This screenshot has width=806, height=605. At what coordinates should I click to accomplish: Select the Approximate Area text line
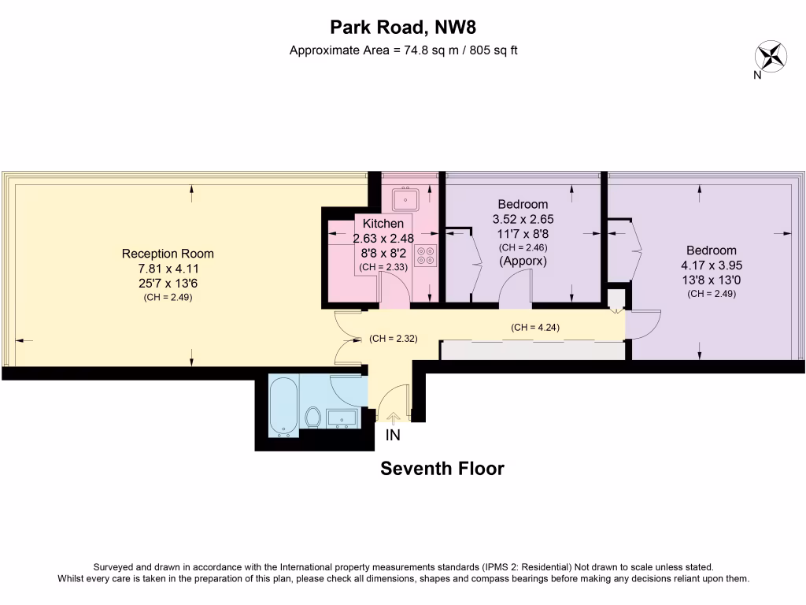402,50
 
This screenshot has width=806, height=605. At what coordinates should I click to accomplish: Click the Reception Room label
168,254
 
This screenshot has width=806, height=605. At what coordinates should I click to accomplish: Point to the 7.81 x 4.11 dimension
168,269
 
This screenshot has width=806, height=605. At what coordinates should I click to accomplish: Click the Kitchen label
383,225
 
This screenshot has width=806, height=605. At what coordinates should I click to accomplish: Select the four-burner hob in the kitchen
426,254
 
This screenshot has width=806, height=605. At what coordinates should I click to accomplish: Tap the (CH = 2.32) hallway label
393,339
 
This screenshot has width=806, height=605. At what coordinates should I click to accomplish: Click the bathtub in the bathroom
283,405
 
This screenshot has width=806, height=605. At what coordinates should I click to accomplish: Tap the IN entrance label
393,436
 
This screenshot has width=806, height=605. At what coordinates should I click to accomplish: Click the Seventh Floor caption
442,469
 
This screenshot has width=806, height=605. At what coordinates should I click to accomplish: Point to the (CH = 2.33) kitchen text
383,268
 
